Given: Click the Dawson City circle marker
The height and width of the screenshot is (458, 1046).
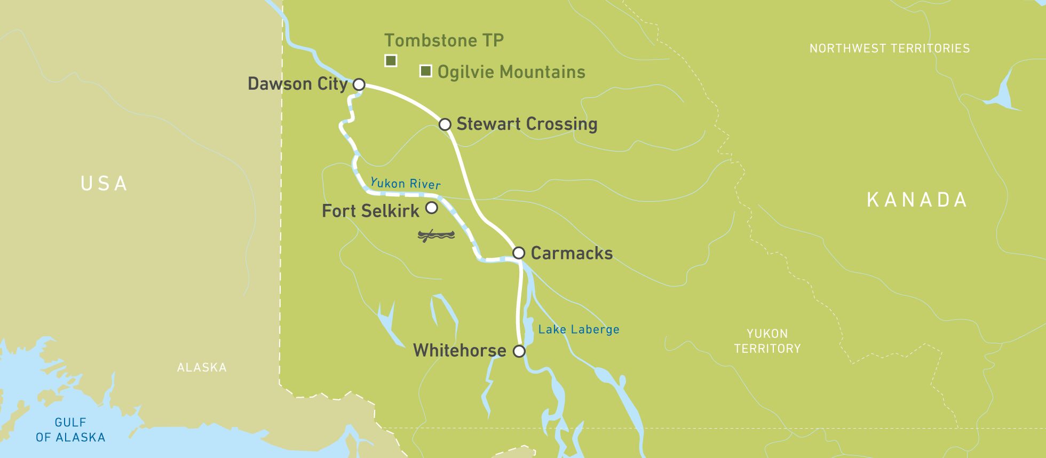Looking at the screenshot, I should pyautogui.click(x=359, y=84).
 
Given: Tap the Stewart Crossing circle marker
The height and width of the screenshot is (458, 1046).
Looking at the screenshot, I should pyautogui.click(x=445, y=124).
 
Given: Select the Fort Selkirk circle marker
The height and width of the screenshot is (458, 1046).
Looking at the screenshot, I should pyautogui.click(x=431, y=208).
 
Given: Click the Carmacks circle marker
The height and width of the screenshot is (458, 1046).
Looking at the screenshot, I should pyautogui.click(x=518, y=252).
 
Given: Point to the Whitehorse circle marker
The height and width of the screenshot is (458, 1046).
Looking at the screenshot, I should pyautogui.click(x=519, y=351).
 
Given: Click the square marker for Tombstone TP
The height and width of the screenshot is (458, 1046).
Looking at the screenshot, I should pyautogui.click(x=391, y=61).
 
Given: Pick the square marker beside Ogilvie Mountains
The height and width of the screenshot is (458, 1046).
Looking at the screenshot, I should pyautogui.click(x=425, y=71).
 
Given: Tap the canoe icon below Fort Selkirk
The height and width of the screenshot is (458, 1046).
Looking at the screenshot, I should pyautogui.click(x=436, y=235).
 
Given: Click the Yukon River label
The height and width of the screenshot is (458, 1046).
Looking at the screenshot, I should pyautogui.click(x=405, y=184).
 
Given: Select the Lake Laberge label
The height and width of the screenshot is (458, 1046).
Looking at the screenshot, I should pyautogui.click(x=579, y=329).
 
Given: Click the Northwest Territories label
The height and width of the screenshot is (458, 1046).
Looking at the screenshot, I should pyautogui.click(x=889, y=49).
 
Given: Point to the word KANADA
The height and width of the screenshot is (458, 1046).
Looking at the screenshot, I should pyautogui.click(x=916, y=200).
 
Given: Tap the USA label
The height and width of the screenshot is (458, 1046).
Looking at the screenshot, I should pyautogui.click(x=104, y=184).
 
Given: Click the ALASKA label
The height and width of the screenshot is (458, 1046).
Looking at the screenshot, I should pyautogui.click(x=202, y=367).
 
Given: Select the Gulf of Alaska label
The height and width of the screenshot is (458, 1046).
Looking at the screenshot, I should pyautogui.click(x=70, y=430).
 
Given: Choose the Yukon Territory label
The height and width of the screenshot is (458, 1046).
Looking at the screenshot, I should pyautogui.click(x=767, y=341).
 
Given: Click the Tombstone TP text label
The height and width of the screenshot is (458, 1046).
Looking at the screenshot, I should pyautogui.click(x=443, y=41).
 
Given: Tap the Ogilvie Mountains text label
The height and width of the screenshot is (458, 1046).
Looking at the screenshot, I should pyautogui.click(x=511, y=72).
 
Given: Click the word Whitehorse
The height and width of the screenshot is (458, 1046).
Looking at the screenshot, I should pyautogui.click(x=459, y=351).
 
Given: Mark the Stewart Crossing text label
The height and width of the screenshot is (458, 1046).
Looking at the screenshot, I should pyautogui.click(x=527, y=124).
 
